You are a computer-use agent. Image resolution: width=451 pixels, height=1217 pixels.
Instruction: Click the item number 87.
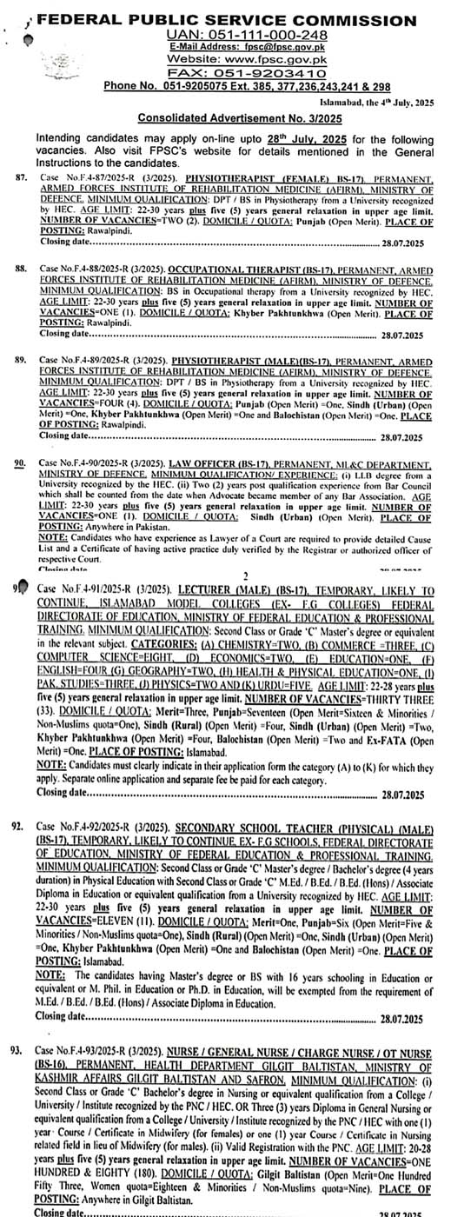tap(21, 176)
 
